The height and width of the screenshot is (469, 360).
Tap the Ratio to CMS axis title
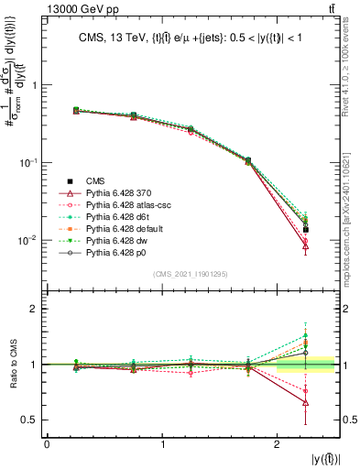pyautogui.click(x=20, y=364)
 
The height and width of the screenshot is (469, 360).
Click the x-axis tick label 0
pyautogui.click(x=47, y=445)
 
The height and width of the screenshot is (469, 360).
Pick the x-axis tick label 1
pyautogui.click(x=162, y=445)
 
